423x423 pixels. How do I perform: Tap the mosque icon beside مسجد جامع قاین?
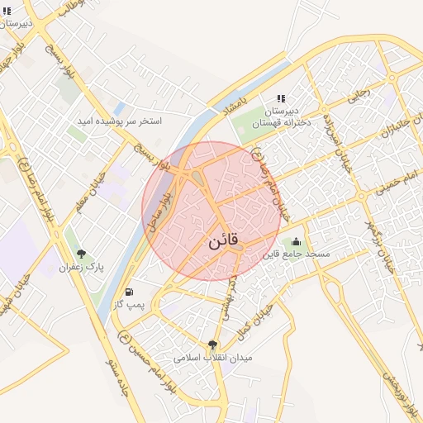click(x=296, y=241)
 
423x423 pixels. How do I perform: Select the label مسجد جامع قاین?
click(x=296, y=254)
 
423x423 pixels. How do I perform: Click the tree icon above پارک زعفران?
click(x=81, y=254)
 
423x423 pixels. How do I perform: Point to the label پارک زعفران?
click(x=81, y=267)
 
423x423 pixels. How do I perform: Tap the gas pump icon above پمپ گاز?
click(x=129, y=292)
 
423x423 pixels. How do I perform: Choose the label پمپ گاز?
click(x=129, y=305)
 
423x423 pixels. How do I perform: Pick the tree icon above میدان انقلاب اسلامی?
click(x=213, y=345)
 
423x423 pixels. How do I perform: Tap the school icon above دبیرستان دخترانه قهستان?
click(x=281, y=97)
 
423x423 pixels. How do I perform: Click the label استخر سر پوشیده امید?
click(x=120, y=121)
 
